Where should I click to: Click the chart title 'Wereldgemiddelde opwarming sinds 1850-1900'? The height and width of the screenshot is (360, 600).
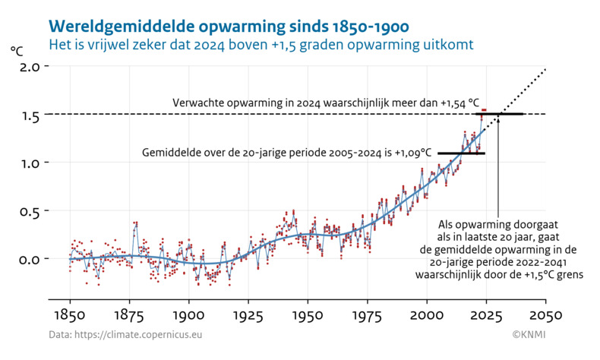(229, 27)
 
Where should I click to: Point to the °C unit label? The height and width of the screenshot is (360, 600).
(17, 51)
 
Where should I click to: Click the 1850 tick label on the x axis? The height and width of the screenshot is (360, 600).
(70, 314)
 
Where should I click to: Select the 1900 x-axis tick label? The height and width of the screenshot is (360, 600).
(189, 314)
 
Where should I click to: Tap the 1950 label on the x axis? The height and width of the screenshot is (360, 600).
(308, 314)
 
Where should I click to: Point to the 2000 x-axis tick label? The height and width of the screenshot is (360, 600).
(427, 314)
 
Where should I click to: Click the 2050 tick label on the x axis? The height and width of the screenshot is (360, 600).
(545, 314)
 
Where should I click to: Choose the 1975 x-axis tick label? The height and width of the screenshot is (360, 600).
(367, 314)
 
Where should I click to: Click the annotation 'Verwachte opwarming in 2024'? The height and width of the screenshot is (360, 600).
(326, 103)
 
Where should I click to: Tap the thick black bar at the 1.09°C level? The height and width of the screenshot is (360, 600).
(461, 153)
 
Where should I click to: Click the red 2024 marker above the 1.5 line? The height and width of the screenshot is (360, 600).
(484, 110)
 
